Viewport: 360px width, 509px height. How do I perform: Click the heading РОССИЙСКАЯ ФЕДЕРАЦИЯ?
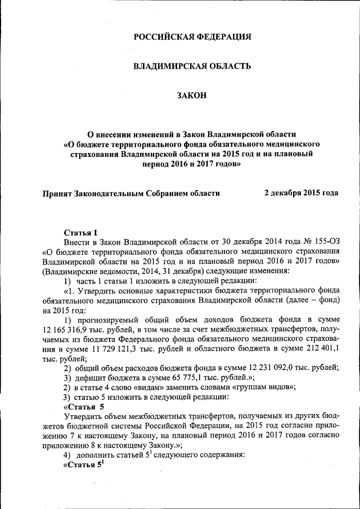pos(192,37)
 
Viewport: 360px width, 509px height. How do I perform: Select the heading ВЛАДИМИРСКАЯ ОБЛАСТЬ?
pos(191,66)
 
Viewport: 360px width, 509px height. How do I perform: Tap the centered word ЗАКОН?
pos(192,96)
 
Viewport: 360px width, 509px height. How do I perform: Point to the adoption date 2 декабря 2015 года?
pos(301,193)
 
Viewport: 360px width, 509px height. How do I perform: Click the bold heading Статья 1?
pos(81,232)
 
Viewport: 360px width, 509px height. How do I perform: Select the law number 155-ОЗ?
pos(327,242)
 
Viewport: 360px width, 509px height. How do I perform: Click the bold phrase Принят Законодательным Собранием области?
pos(132,193)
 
